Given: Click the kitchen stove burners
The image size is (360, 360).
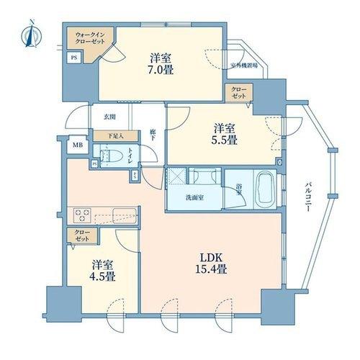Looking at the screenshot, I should (x=80, y=215).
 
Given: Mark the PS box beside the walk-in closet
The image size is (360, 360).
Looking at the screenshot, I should (x=73, y=58).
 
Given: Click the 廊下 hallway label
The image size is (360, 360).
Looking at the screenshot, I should (x=153, y=135).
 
